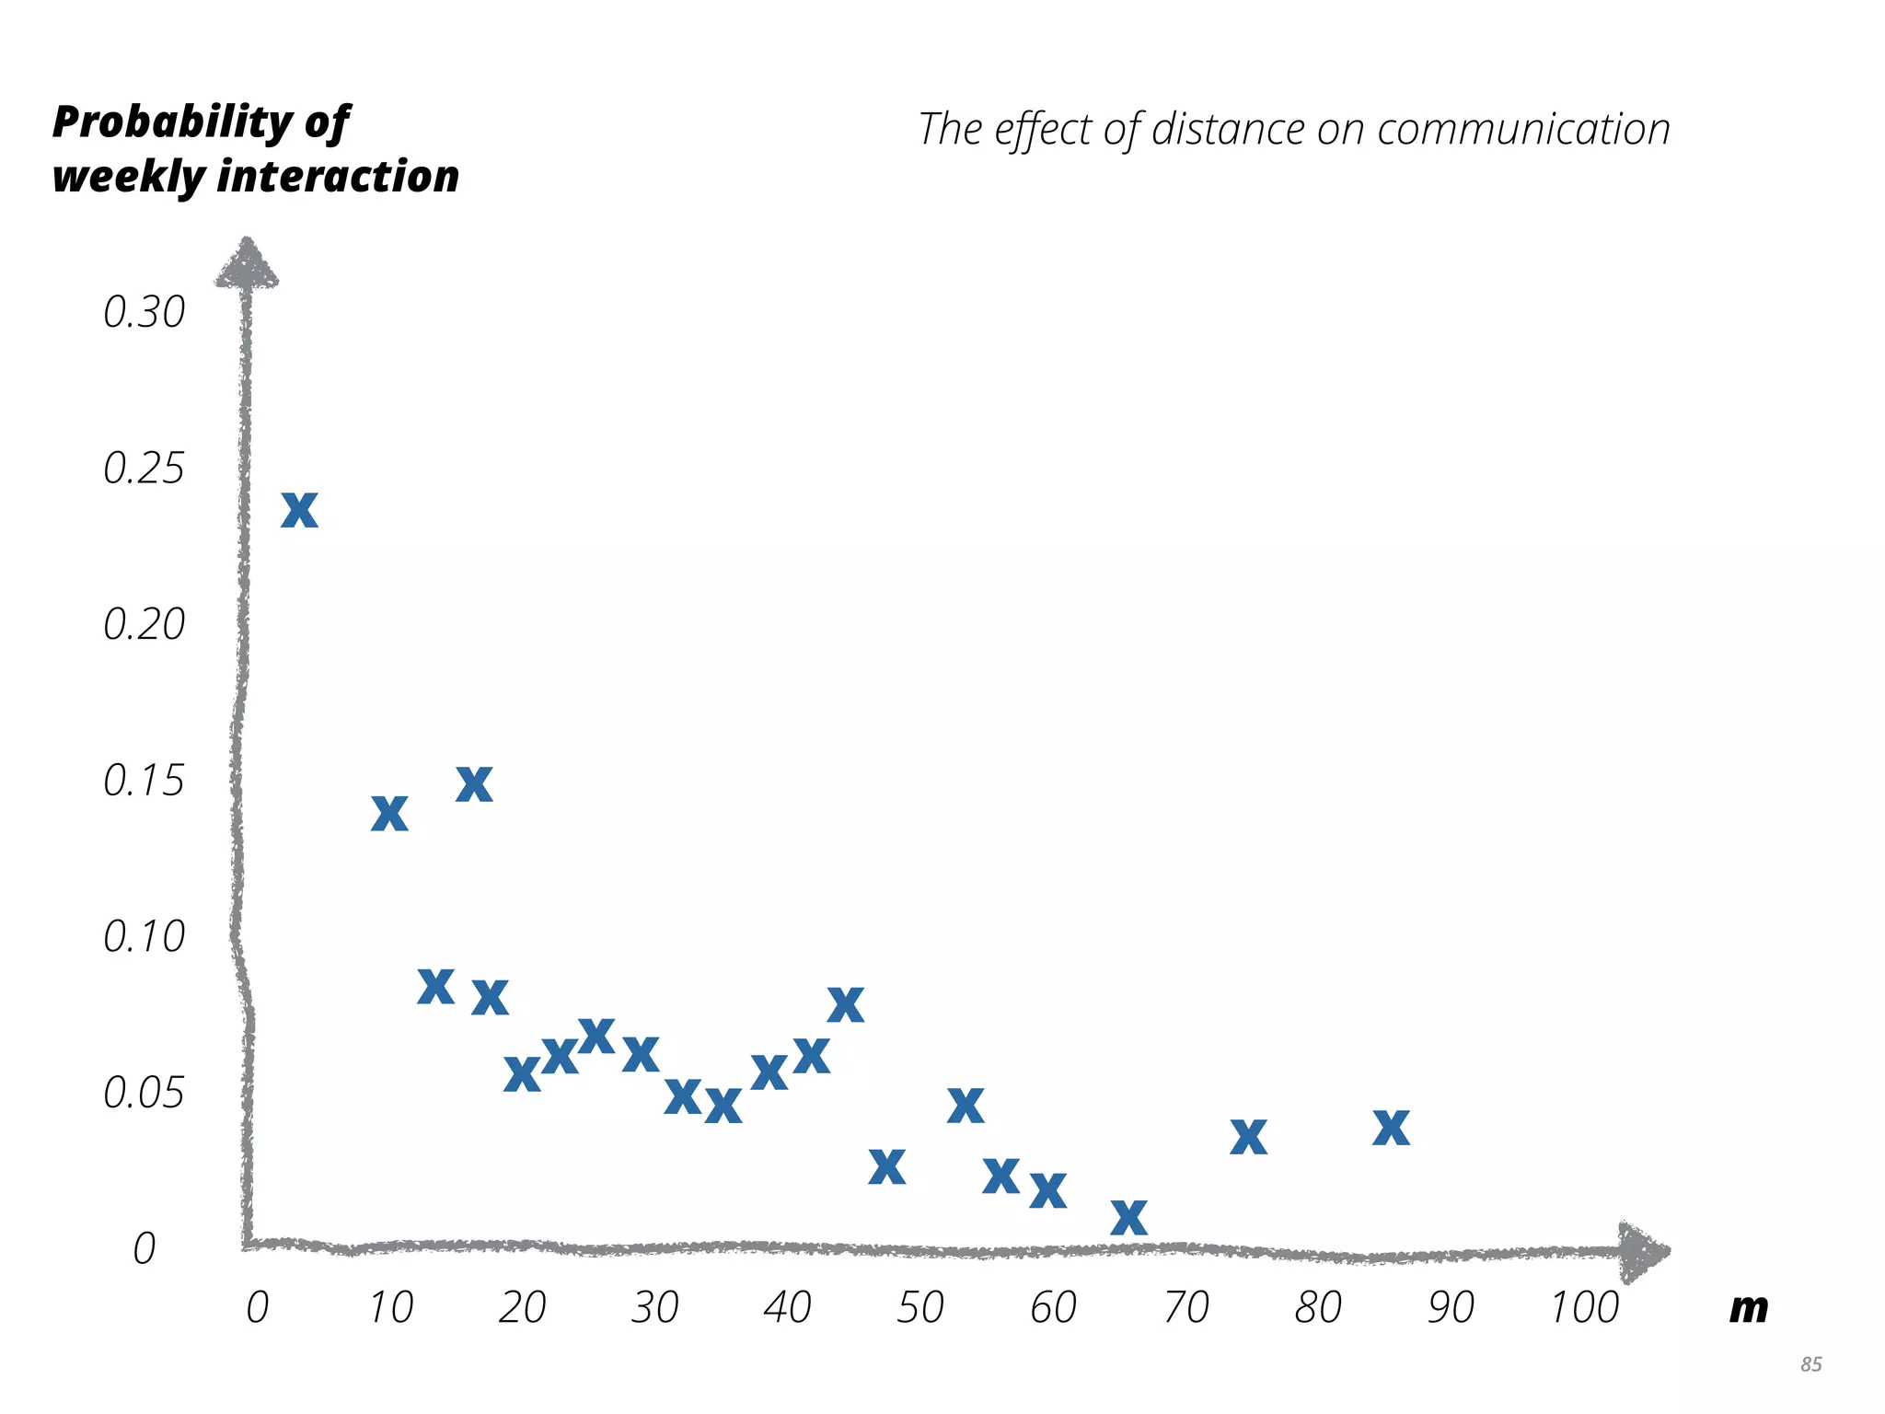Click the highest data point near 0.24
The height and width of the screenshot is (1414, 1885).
pyautogui.click(x=299, y=510)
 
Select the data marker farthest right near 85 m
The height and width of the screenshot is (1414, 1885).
pyautogui.click(x=1391, y=1128)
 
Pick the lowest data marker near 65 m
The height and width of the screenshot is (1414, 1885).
pyautogui.click(x=1128, y=1217)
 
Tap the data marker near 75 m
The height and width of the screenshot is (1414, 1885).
pyautogui.click(x=1248, y=1137)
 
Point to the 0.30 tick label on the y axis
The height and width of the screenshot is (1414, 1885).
pyautogui.click(x=144, y=313)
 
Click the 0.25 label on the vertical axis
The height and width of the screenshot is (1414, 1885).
pyautogui.click(x=144, y=469)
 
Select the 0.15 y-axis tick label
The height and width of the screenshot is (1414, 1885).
pyautogui.click(x=144, y=781)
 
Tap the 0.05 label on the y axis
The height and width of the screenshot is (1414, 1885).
pyautogui.click(x=144, y=1093)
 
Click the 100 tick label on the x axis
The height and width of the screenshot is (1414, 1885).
pyautogui.click(x=1584, y=1307)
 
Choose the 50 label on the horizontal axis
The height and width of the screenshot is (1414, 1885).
pyautogui.click(x=920, y=1307)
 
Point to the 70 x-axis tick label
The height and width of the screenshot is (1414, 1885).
pyautogui.click(x=1185, y=1307)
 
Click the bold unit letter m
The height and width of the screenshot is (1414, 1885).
pyautogui.click(x=1748, y=1307)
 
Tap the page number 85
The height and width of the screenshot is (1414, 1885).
pyautogui.click(x=1810, y=1364)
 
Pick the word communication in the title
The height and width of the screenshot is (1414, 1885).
pyautogui.click(x=1523, y=129)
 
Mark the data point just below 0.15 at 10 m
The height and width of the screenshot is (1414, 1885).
pyautogui.click(x=389, y=814)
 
